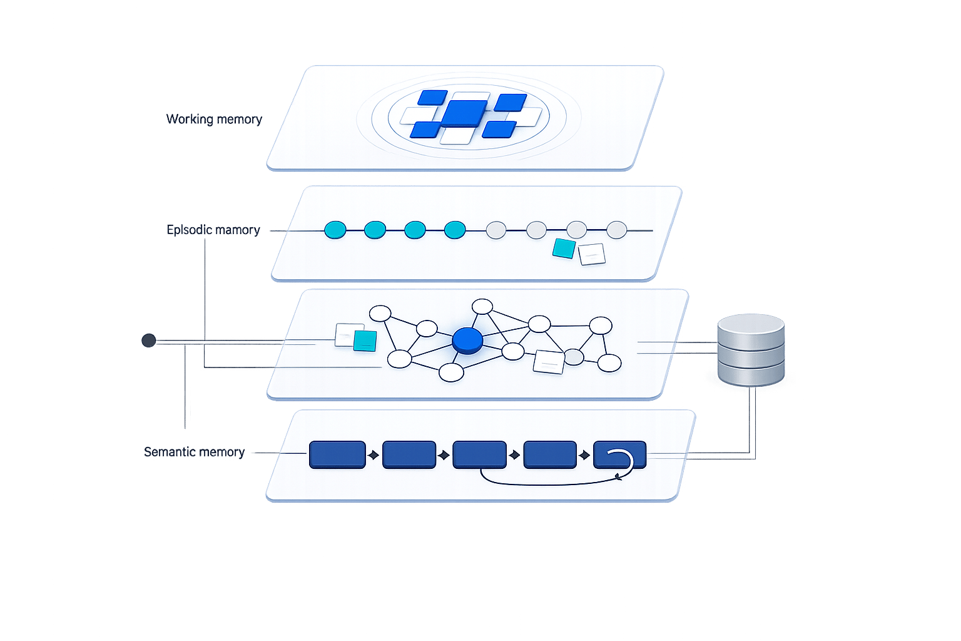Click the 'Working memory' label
[214, 119]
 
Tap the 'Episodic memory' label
[213, 230]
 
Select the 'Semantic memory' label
[194, 451]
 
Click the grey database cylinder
[751, 351]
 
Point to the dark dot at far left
[148, 341]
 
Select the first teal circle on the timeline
[335, 230]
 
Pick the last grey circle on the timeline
[616, 230]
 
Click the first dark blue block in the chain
[337, 454]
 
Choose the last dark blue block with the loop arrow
[619, 454]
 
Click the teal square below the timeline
[564, 249]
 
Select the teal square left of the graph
[365, 341]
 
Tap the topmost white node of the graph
[482, 306]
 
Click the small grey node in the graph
[574, 357]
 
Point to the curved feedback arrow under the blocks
[551, 482]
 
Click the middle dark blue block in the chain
[479, 454]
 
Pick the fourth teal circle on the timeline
[455, 230]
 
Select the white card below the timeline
[592, 254]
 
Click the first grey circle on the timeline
[496, 230]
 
